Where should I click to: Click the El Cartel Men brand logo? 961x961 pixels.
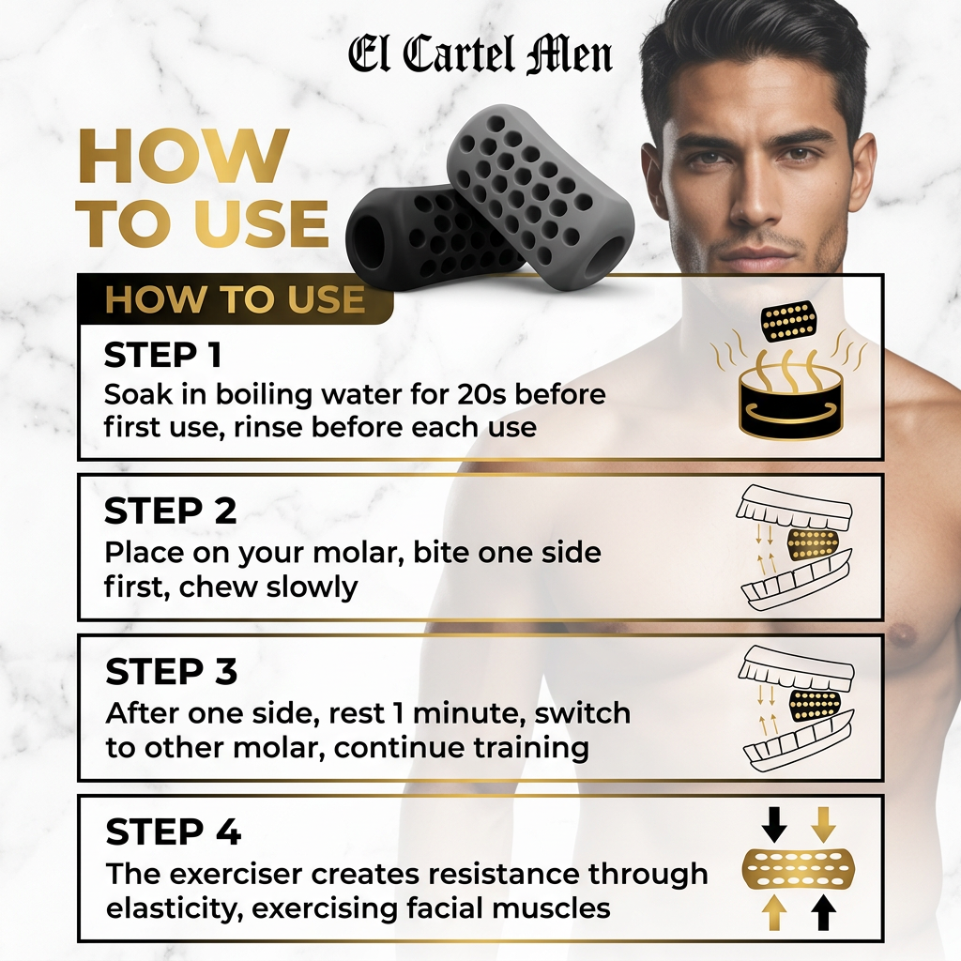[x=480, y=55]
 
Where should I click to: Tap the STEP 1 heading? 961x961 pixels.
[x=163, y=355]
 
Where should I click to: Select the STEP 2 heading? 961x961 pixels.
[x=170, y=511]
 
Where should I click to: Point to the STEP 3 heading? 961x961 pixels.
[x=171, y=671]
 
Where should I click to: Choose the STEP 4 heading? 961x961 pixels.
[x=173, y=831]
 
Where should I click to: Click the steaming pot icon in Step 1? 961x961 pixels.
[x=790, y=392]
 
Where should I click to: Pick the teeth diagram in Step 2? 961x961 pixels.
[x=795, y=548]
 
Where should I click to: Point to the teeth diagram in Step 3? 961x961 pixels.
[x=796, y=708]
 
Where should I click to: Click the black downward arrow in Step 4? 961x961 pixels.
[x=774, y=824]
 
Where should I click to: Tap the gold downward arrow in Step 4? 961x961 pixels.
[x=822, y=824]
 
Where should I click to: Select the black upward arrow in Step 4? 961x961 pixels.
[x=822, y=912]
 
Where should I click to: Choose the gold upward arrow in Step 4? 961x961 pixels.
[x=774, y=912]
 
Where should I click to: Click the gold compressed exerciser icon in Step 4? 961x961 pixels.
[x=798, y=868]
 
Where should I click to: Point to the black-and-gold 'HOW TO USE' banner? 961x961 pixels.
[x=236, y=299]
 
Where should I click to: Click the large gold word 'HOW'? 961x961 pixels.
[x=184, y=156]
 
